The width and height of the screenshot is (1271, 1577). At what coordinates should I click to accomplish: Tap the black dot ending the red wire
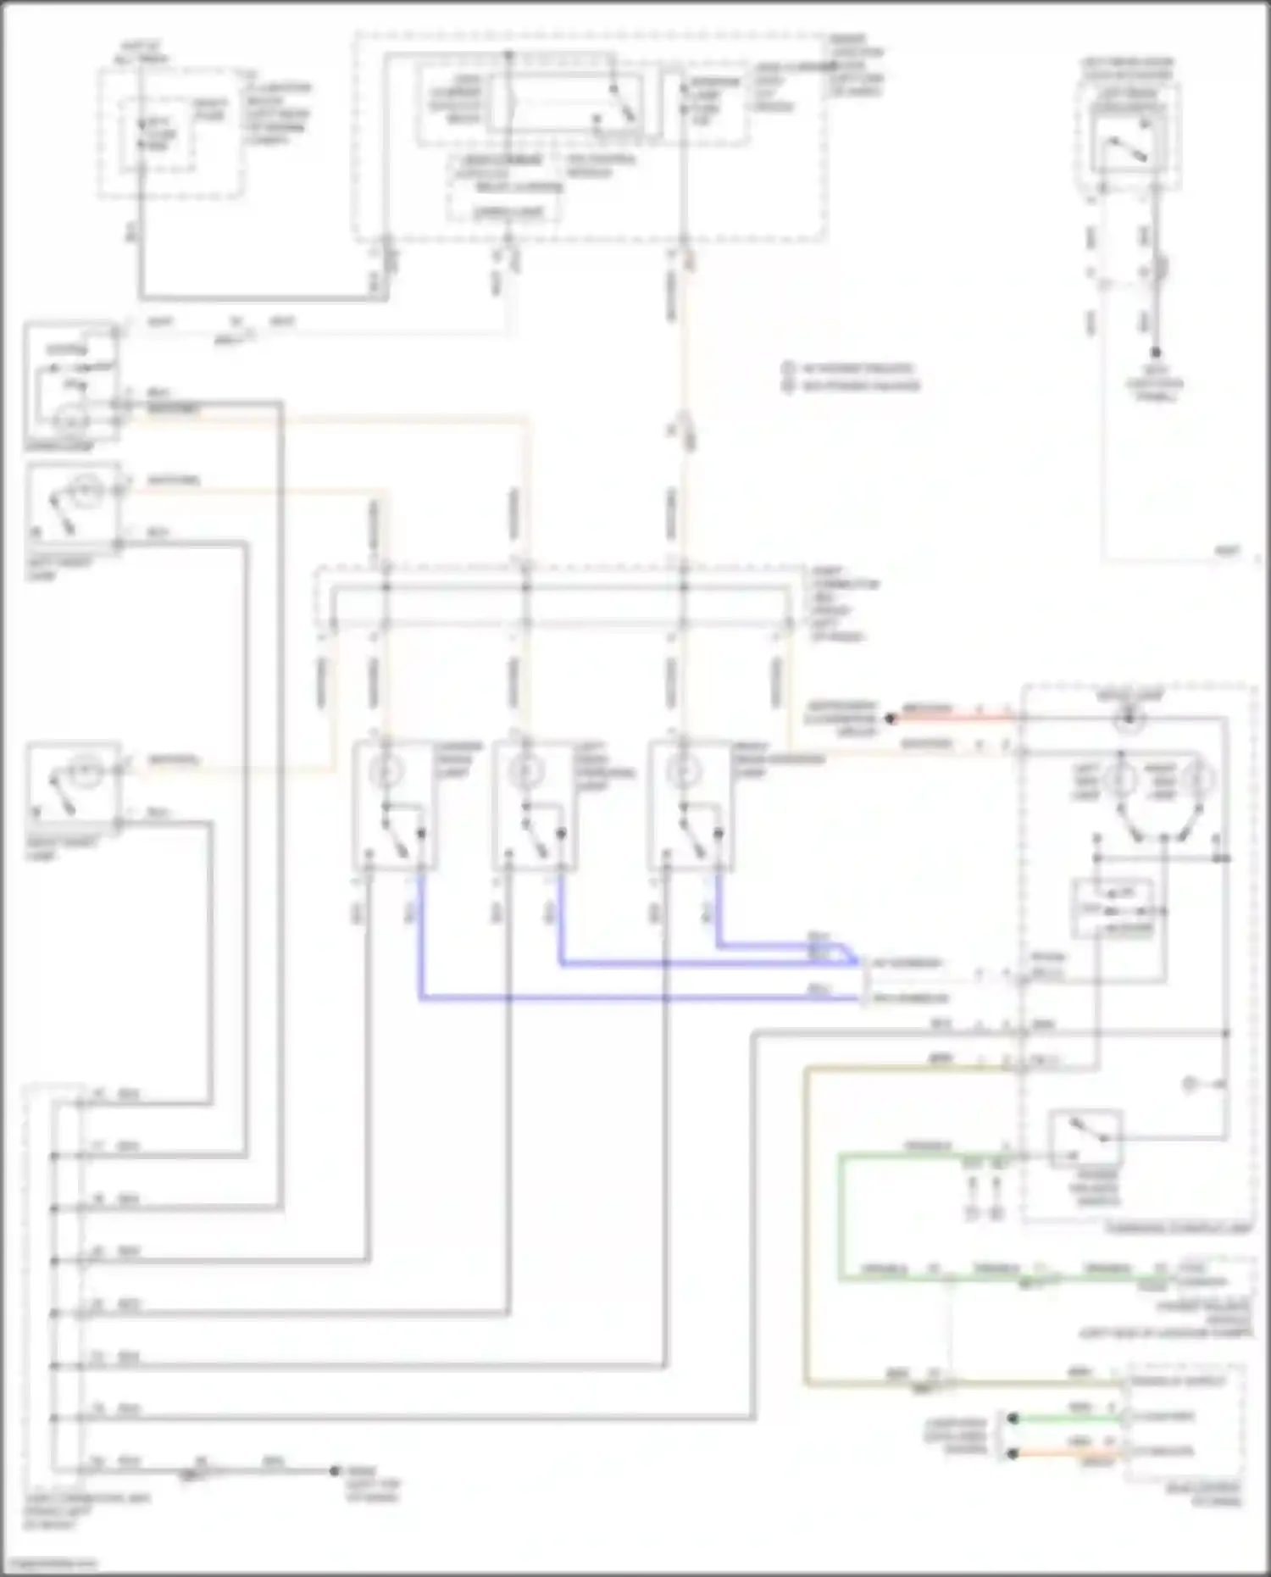click(x=891, y=718)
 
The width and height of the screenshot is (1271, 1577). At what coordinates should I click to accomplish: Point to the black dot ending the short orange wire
click(x=1012, y=1453)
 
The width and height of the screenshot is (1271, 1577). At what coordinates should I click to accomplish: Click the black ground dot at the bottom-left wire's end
click(x=335, y=1471)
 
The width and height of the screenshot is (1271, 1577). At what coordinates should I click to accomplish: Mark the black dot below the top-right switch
click(x=1155, y=353)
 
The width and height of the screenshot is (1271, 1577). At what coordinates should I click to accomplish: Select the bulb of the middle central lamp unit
click(x=525, y=771)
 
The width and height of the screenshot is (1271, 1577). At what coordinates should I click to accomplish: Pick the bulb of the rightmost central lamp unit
click(x=682, y=771)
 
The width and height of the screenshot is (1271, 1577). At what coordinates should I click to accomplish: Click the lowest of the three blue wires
click(x=635, y=998)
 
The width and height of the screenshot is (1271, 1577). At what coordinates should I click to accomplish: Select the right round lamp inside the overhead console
click(x=1200, y=777)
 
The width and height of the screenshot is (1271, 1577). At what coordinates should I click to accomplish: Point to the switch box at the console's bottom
click(x=1085, y=1138)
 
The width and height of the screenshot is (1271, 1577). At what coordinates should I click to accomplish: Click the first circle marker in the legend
click(x=788, y=369)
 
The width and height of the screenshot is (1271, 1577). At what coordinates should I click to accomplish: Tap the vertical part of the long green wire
click(x=841, y=1216)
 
